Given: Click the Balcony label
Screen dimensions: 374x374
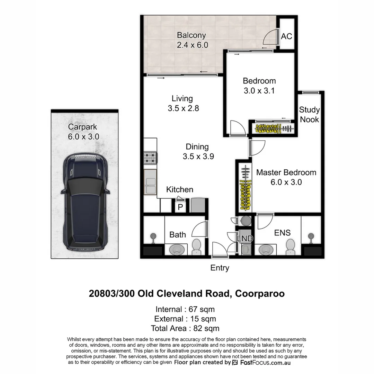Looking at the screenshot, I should click(x=191, y=35).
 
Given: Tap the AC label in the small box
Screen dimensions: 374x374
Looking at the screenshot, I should click(x=286, y=36).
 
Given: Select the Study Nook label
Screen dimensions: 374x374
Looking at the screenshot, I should click(x=309, y=115).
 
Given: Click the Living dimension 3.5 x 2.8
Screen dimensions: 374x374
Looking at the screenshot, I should click(x=183, y=108).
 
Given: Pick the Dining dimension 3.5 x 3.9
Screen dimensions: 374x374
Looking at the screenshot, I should click(x=198, y=157).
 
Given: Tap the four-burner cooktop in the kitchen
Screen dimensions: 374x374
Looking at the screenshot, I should click(x=150, y=158).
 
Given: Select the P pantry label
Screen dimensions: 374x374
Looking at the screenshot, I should click(x=180, y=207).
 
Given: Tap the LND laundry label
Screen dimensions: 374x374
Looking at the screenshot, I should click(x=245, y=239).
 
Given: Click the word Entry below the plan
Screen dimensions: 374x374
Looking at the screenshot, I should click(x=220, y=268).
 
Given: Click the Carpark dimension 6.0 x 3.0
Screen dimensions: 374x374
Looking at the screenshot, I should click(x=83, y=137).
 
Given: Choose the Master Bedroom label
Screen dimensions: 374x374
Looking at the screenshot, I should click(x=286, y=172).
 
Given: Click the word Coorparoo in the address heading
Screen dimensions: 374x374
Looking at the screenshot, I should click(x=260, y=294).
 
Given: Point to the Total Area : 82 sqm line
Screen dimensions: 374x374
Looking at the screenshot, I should click(x=185, y=328).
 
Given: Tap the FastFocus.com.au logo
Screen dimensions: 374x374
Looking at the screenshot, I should click(x=261, y=363).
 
